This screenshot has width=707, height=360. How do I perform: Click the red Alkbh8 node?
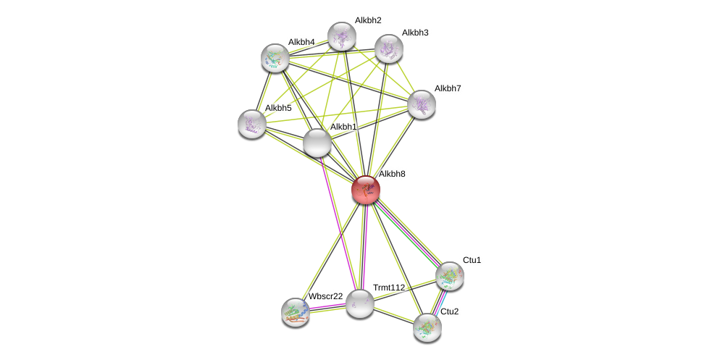tap(366, 190)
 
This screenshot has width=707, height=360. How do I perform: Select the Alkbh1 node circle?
tap(317, 143)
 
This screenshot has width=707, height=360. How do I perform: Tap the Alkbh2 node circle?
tap(341, 36)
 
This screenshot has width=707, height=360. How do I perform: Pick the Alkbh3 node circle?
tap(389, 49)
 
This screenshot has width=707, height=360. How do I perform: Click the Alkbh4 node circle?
tap(275, 58)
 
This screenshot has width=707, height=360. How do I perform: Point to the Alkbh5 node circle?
tap(252, 124)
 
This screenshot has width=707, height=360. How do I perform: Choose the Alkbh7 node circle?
tap(422, 104)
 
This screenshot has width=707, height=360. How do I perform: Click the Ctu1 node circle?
tap(450, 276)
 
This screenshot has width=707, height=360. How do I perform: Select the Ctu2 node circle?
tap(427, 327)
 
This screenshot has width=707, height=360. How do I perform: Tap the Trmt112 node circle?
tap(359, 304)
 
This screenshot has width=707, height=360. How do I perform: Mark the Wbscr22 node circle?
tap(296, 311)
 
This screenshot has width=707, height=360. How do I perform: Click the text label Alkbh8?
tap(392, 174)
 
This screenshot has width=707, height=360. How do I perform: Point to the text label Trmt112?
tap(389, 288)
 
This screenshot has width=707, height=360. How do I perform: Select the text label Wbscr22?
tap(325, 296)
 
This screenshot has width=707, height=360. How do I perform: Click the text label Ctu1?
tap(472, 260)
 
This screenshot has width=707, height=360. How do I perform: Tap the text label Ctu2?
tap(449, 311)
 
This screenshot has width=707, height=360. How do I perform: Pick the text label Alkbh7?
tap(448, 88)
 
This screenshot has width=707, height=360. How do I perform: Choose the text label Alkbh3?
tap(414, 33)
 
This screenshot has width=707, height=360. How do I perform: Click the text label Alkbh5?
tap(278, 108)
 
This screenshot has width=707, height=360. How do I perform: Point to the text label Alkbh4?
tap(301, 42)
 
